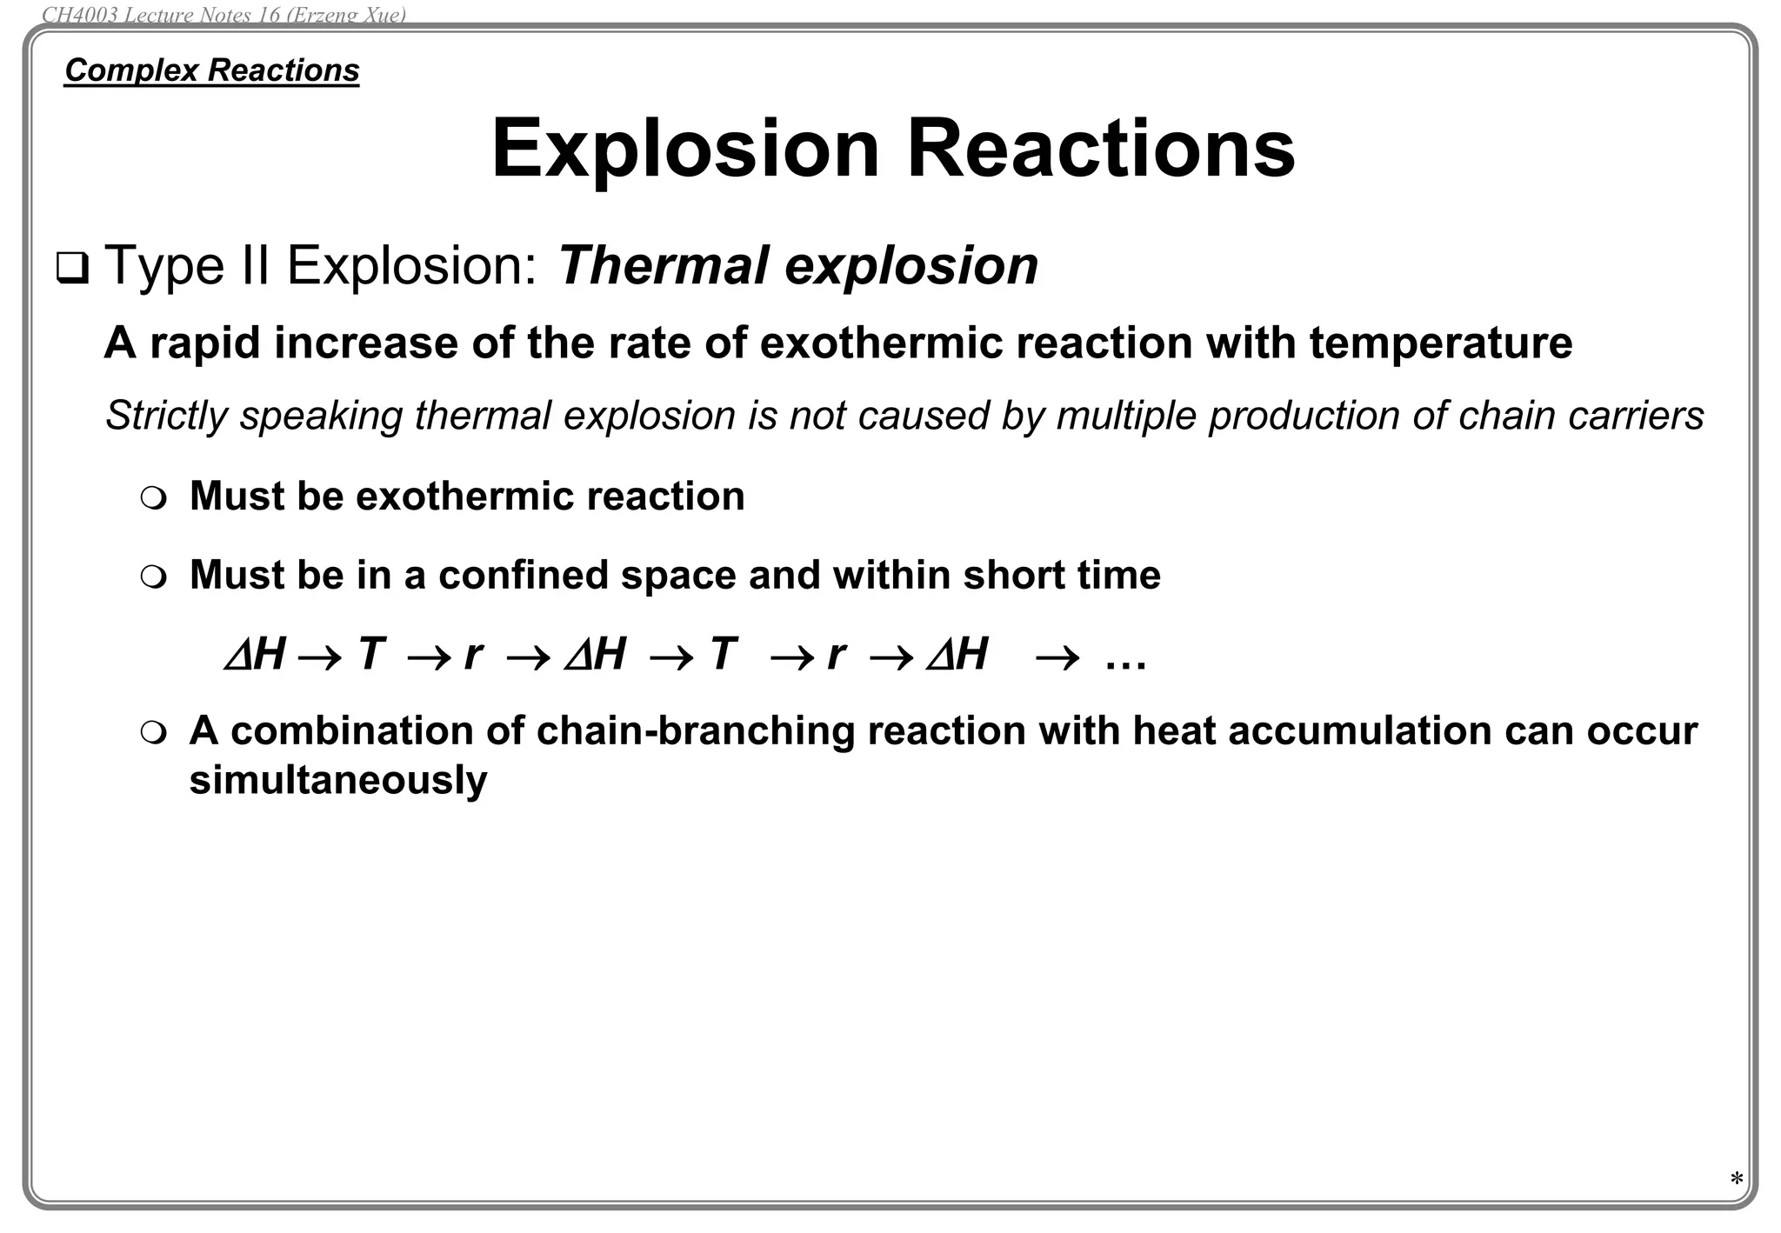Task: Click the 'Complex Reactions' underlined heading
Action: [211, 70]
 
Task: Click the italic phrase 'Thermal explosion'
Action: [797, 265]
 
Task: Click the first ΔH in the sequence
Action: [255, 655]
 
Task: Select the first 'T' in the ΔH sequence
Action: [370, 654]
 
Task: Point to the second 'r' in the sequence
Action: [836, 654]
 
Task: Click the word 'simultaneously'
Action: [338, 780]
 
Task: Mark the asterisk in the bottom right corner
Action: [1736, 1180]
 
